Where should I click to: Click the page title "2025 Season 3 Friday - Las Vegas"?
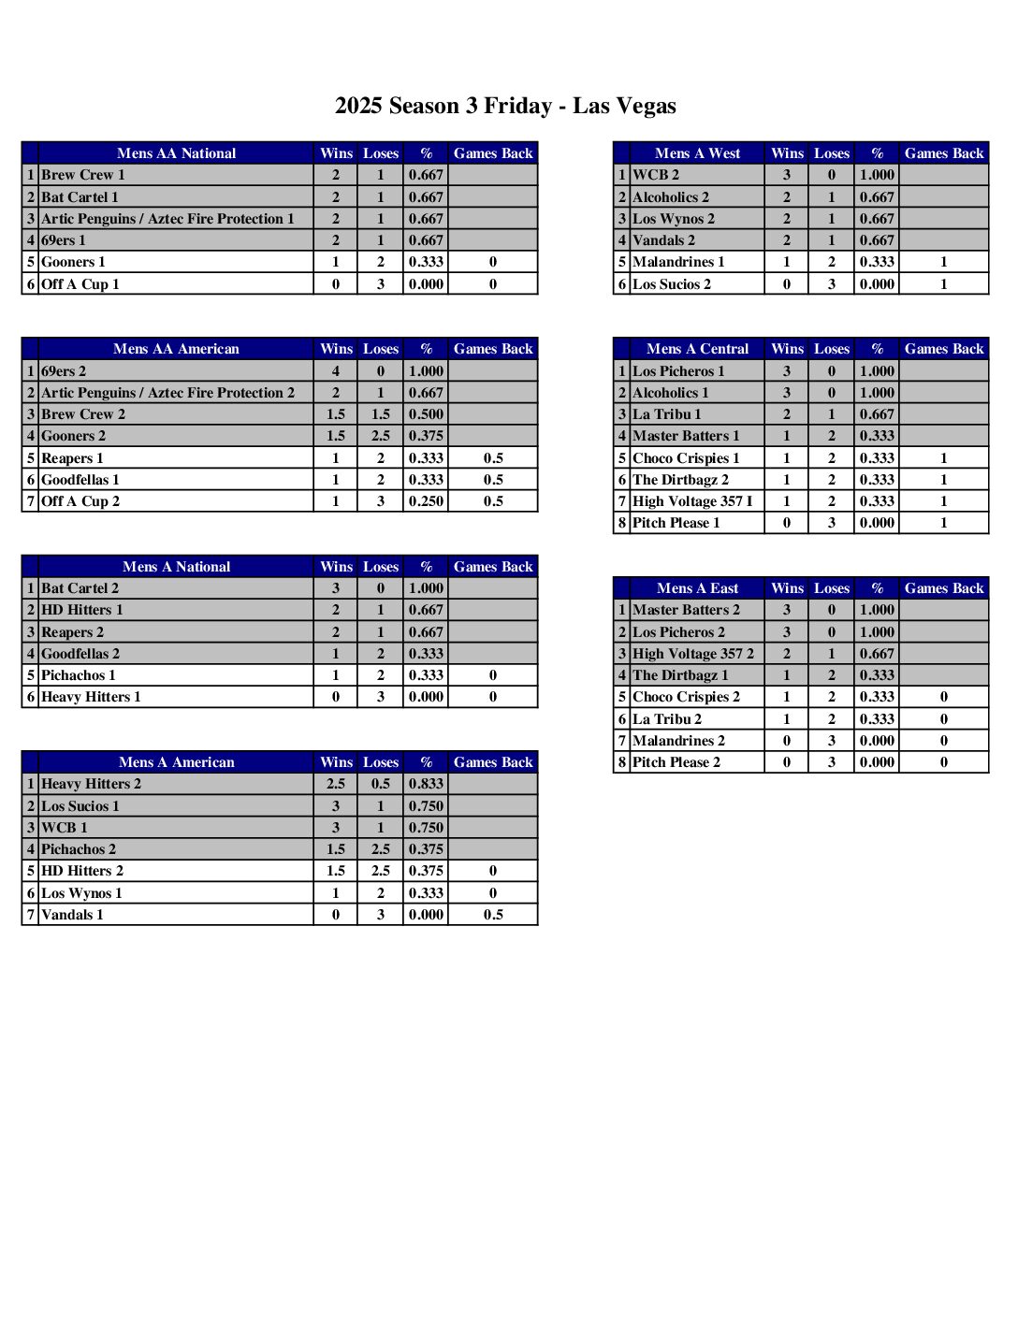(505, 106)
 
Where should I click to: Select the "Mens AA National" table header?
(176, 153)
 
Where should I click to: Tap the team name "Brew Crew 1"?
(82, 175)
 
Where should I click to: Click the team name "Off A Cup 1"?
(80, 284)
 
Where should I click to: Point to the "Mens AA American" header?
(176, 349)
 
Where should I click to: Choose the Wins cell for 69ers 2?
(336, 371)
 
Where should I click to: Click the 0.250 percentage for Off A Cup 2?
(426, 501)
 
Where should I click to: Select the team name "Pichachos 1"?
(79, 675)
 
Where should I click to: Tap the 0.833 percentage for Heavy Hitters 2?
(426, 784)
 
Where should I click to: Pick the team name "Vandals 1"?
(72, 915)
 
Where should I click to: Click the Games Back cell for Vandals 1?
(493, 915)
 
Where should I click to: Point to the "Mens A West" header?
(697, 153)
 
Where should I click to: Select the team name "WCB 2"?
(656, 175)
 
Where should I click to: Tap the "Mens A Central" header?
(697, 349)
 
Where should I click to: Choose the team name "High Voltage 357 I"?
(692, 501)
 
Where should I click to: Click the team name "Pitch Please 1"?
(676, 523)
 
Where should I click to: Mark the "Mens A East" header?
(697, 588)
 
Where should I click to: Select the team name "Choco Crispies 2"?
(686, 697)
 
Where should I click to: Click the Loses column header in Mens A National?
(381, 567)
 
